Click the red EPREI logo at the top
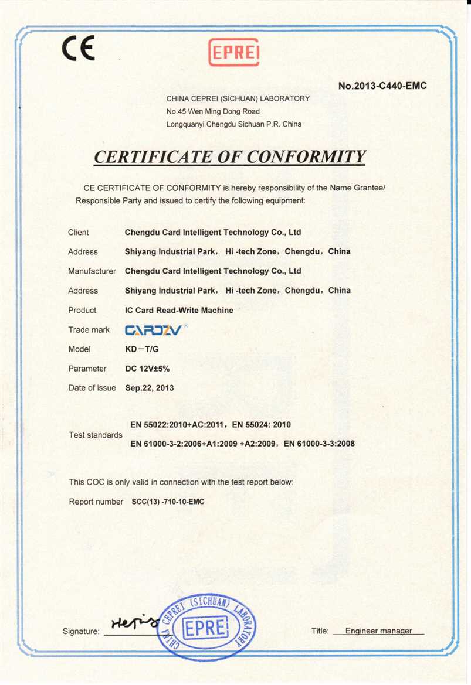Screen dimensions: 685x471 [x=233, y=52]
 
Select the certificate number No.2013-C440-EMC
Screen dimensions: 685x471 [x=382, y=86]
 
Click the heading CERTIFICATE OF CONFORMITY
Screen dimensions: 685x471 [x=230, y=157]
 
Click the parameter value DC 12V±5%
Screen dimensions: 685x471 [x=148, y=369]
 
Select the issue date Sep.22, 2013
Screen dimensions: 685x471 [x=150, y=388]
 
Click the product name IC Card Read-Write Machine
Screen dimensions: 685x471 [x=179, y=310]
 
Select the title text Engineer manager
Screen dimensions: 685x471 [x=378, y=631]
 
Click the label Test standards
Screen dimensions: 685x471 [x=96, y=435]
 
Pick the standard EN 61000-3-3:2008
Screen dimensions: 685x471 [x=319, y=444]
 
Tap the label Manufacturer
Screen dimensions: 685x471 [x=92, y=271]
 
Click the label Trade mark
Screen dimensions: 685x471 [x=89, y=330]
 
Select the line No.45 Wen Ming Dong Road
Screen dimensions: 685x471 [x=213, y=111]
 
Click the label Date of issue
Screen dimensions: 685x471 [x=92, y=388]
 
